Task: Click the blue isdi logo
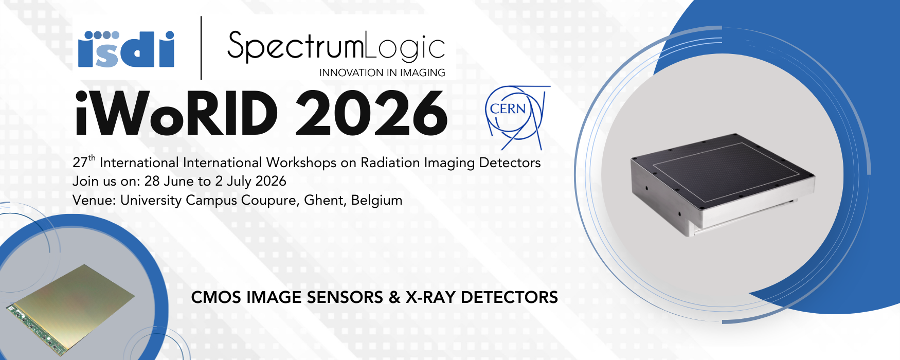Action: point(126,49)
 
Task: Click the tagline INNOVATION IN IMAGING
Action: point(382,73)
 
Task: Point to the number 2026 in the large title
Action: point(371,114)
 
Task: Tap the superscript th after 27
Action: point(92,158)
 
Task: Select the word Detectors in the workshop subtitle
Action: point(510,163)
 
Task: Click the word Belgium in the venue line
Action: point(377,201)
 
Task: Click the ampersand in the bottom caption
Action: point(394,297)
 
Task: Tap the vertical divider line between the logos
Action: point(201,48)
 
